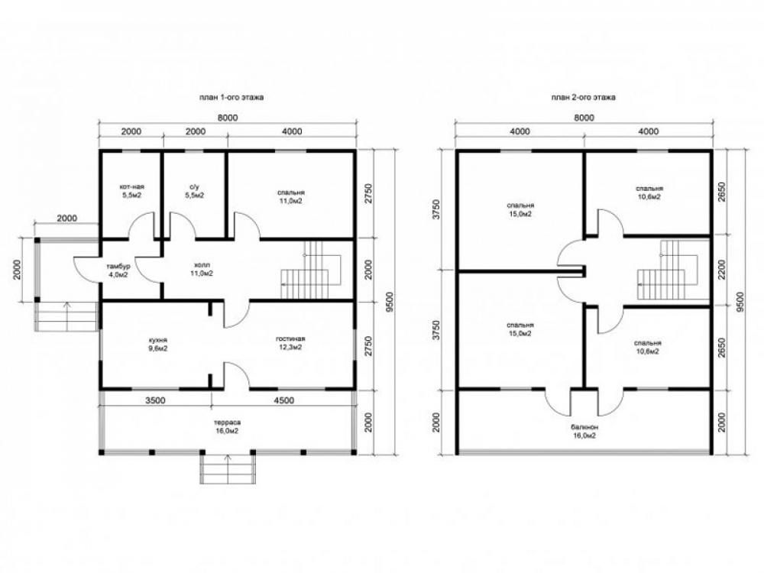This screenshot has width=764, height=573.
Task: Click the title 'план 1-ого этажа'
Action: point(231,97)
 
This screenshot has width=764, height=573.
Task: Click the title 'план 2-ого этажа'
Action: point(583,97)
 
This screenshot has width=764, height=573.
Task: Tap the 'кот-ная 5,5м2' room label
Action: point(131,191)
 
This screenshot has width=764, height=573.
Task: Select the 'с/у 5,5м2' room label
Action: point(195,191)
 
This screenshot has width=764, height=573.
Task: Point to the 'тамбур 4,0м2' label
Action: point(118,270)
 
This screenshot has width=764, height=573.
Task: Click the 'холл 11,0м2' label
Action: point(202,269)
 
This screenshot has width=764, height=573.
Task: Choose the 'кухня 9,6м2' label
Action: point(159,344)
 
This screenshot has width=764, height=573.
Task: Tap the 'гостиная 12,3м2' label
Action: point(291,343)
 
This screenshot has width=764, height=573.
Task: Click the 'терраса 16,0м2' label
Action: point(228,426)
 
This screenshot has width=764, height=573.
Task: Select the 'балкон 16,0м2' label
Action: point(584,431)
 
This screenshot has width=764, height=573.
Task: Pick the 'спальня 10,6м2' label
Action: point(649,193)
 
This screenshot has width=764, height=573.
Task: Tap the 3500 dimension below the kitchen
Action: point(156,400)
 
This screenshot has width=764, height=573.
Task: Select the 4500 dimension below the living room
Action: point(284,400)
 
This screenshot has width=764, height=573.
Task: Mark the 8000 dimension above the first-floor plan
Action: point(228,118)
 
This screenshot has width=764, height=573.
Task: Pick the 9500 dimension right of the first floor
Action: point(388,302)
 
